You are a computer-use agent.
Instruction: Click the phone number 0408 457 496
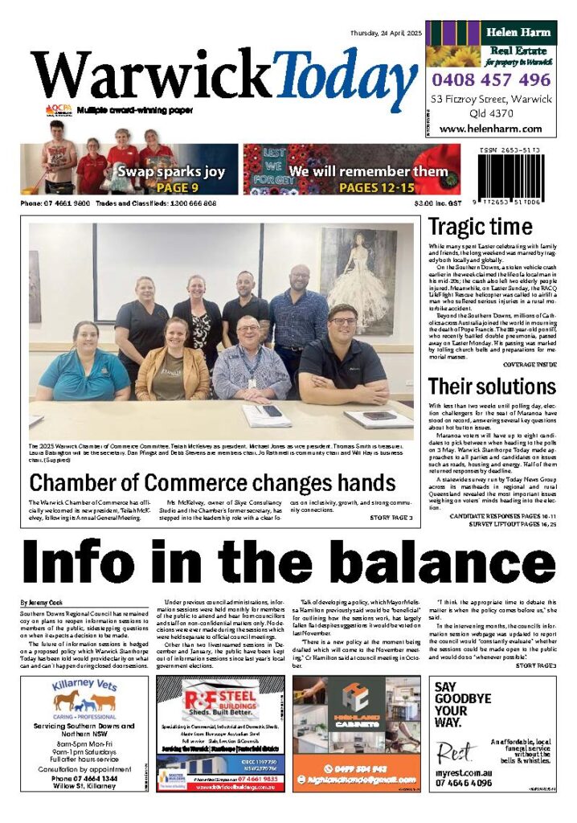pos(490,80)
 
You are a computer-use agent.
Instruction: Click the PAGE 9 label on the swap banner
pos(172,188)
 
